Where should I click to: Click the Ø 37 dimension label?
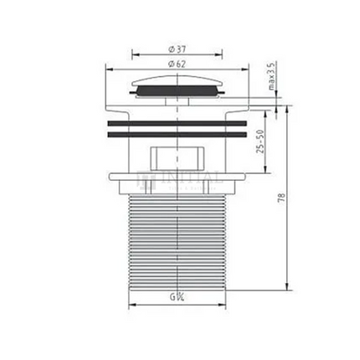[176, 49]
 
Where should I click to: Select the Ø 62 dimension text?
[176, 64]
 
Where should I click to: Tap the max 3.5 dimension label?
[271, 76]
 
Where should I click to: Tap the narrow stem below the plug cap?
[176, 100]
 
